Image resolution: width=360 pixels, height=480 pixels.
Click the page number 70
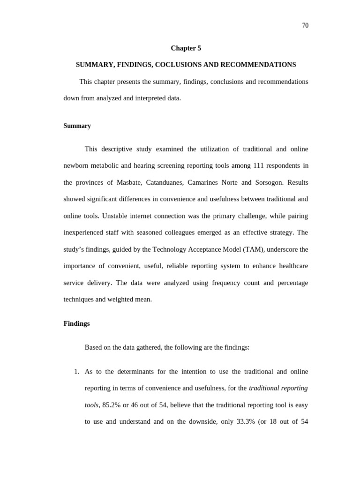[305, 26]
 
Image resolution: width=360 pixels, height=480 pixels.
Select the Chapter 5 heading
[186, 48]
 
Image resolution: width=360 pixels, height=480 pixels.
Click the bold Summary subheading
[77, 126]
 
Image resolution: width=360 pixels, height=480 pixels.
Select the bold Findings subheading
[76, 324]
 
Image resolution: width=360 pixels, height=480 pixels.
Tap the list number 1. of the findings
[77, 372]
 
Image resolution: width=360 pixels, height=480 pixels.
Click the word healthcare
[292, 266]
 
